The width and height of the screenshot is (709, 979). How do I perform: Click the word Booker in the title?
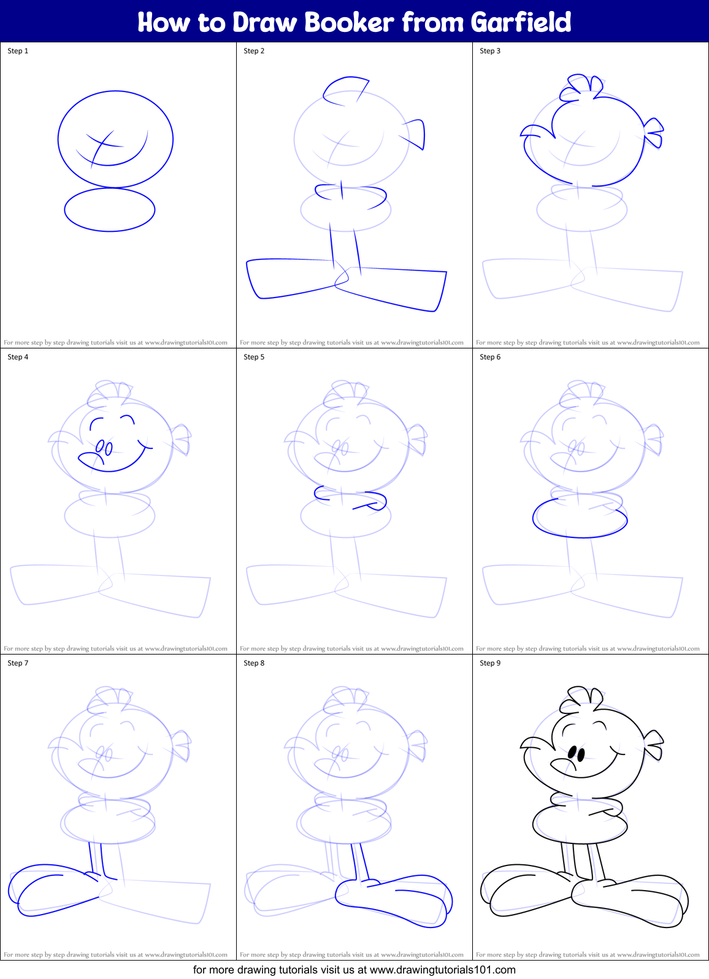click(349, 22)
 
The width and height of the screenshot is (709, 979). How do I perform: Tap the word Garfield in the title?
click(521, 22)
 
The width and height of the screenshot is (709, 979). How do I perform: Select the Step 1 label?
click(18, 51)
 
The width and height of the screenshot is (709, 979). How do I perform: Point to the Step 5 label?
click(254, 356)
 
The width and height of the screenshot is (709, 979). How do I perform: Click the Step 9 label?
click(490, 662)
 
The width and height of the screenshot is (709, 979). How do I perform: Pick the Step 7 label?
click(18, 662)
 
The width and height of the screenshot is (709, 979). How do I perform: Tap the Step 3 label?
click(490, 51)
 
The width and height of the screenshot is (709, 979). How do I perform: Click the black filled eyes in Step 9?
click(577, 753)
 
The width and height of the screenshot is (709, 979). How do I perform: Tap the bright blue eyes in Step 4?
click(104, 447)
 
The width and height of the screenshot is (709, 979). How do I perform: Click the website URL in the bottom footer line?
click(442, 970)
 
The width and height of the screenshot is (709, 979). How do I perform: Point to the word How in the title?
click(164, 22)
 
